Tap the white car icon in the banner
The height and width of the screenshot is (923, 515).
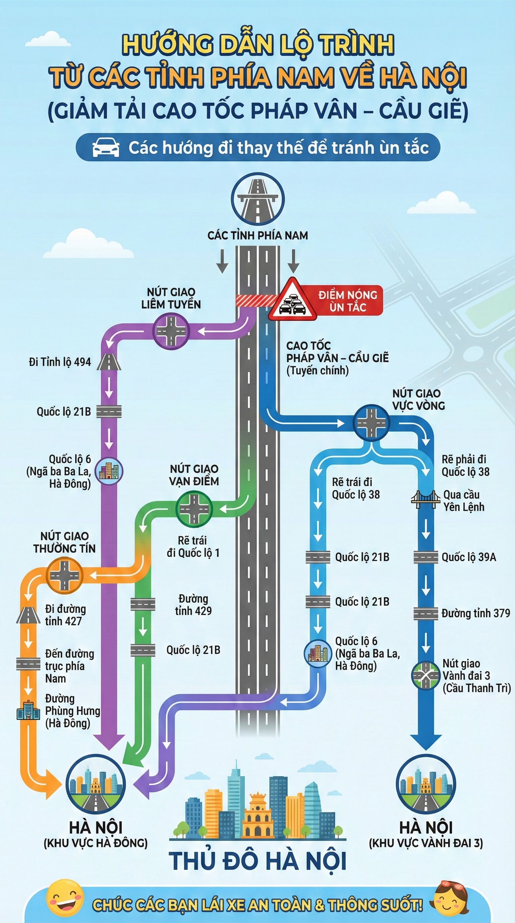click(106, 147)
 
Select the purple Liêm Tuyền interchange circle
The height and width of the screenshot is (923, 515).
click(171, 331)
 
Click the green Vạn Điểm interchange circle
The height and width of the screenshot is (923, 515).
click(194, 508)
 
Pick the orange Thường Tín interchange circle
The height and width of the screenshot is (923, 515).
click(64, 576)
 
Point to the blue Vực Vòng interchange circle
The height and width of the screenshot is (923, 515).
click(371, 423)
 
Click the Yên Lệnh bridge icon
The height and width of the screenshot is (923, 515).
click(425, 499)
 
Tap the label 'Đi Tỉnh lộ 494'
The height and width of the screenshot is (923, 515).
click(60, 362)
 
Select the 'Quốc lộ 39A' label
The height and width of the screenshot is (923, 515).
click(468, 557)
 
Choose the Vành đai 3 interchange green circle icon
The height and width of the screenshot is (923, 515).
click(425, 675)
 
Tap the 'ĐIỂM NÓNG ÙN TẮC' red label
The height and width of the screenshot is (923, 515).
click(348, 301)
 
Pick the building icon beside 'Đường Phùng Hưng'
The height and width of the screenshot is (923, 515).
click(28, 710)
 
